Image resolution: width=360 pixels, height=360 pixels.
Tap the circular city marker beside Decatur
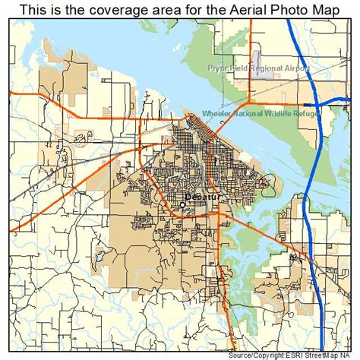tap(183, 204)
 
